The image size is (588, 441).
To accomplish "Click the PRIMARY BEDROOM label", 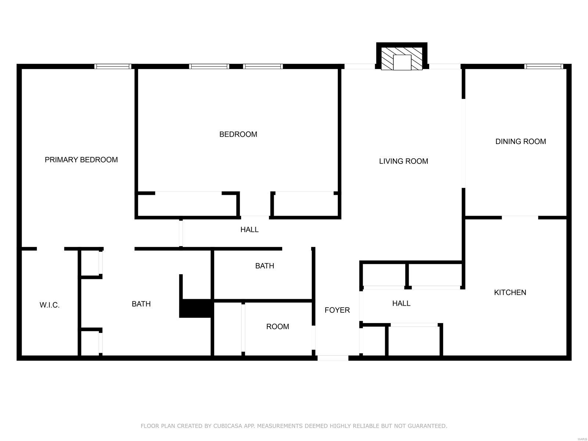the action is click(81, 159).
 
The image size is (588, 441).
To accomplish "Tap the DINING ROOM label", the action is click(520, 141).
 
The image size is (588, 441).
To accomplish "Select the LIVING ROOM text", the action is click(404, 161).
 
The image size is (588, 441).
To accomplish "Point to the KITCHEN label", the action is click(510, 293).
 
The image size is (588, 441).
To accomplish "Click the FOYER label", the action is click(337, 310).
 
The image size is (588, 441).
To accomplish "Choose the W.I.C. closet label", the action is click(50, 305).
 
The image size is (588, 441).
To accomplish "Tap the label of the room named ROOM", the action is click(277, 327).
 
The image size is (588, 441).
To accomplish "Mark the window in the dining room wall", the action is click(544, 67).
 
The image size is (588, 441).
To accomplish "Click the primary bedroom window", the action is click(113, 67).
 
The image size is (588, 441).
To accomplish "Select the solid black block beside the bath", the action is click(196, 308).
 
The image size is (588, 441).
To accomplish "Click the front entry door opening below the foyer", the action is click(333, 358).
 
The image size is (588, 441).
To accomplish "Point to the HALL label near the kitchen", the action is click(401, 304).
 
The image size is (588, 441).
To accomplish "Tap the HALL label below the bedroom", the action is click(250, 229).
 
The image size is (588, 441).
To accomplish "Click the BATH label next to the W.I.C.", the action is click(141, 304).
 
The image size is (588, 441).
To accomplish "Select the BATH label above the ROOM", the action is click(265, 266).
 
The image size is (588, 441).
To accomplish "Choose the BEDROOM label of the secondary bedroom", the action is click(238, 134).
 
